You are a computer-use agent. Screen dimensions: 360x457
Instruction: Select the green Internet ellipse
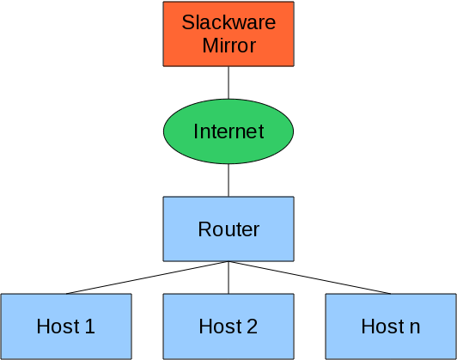pyautogui.click(x=228, y=131)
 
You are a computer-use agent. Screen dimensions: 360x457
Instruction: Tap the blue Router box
pyautogui.click(x=228, y=229)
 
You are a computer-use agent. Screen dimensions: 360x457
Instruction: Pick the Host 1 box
pyautogui.click(x=66, y=326)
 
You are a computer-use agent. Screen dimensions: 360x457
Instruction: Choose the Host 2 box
pyautogui.click(x=228, y=326)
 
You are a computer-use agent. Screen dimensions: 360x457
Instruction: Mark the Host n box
pyautogui.click(x=391, y=326)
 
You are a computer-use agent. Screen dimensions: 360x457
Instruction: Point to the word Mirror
pyautogui.click(x=228, y=46)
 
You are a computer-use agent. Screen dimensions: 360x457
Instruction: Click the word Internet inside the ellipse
pyautogui.click(x=228, y=131)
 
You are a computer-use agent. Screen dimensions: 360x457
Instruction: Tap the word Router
pyautogui.click(x=228, y=229)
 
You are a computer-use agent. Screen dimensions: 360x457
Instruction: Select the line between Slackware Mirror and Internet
pyautogui.click(x=228, y=83)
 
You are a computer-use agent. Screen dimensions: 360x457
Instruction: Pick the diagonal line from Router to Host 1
pyautogui.click(x=147, y=278)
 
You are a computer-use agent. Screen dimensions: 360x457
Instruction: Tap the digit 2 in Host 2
pyautogui.click(x=252, y=326)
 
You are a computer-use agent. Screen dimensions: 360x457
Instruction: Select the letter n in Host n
pyautogui.click(x=415, y=327)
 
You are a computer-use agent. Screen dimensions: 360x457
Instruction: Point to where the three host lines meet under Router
pyautogui.click(x=228, y=261)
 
